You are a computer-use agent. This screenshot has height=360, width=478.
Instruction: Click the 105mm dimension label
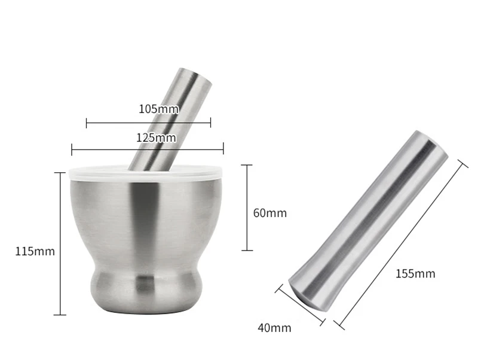(x=159, y=109)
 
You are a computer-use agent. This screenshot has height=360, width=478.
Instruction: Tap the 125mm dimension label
(x=156, y=138)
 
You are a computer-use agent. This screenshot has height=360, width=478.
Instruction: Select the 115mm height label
(x=35, y=251)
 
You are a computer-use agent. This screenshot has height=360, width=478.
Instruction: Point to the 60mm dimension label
(x=270, y=213)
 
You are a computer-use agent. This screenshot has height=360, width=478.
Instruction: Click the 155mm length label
(x=415, y=273)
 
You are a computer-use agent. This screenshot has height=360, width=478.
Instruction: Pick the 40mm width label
(x=274, y=328)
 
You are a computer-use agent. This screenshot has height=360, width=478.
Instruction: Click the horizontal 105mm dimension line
(x=148, y=123)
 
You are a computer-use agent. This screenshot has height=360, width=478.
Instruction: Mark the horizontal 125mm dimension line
(x=148, y=149)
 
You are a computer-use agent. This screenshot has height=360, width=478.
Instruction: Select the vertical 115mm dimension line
(x=60, y=243)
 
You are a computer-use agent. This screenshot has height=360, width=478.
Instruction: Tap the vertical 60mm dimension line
(x=247, y=208)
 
